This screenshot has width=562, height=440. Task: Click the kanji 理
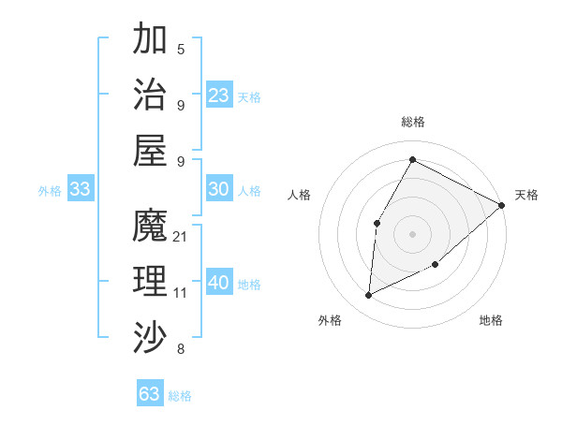tap(151, 281)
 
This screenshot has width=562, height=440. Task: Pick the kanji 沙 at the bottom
tap(151, 336)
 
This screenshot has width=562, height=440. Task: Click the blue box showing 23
tap(219, 95)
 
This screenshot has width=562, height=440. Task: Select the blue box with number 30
tap(219, 189)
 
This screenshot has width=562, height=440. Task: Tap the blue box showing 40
tap(219, 283)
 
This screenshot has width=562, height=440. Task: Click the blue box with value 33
tap(80, 189)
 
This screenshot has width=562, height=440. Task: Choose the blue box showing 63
tap(150, 393)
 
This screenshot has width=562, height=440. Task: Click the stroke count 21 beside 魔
tap(181, 237)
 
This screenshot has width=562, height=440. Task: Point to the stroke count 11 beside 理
tap(181, 293)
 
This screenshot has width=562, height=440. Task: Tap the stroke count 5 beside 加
tap(181, 50)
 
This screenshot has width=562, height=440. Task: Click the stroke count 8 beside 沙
tap(181, 350)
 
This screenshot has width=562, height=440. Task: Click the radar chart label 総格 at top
tap(412, 122)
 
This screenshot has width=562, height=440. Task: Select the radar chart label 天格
tap(526, 195)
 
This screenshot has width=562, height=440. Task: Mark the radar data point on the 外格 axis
tap(369, 296)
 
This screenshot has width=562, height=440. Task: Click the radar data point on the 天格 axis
tap(502, 205)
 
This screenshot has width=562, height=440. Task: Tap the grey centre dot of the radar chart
tap(412, 233)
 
